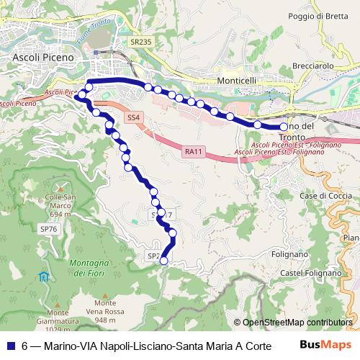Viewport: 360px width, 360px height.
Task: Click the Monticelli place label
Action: tap(237, 83)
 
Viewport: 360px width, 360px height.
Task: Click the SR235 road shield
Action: tap(141, 42)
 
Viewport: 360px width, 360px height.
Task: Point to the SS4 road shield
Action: tap(133, 117)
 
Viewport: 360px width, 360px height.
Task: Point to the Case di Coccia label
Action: tap(325, 196)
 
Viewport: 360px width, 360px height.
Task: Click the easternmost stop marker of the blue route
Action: tap(284, 127)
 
